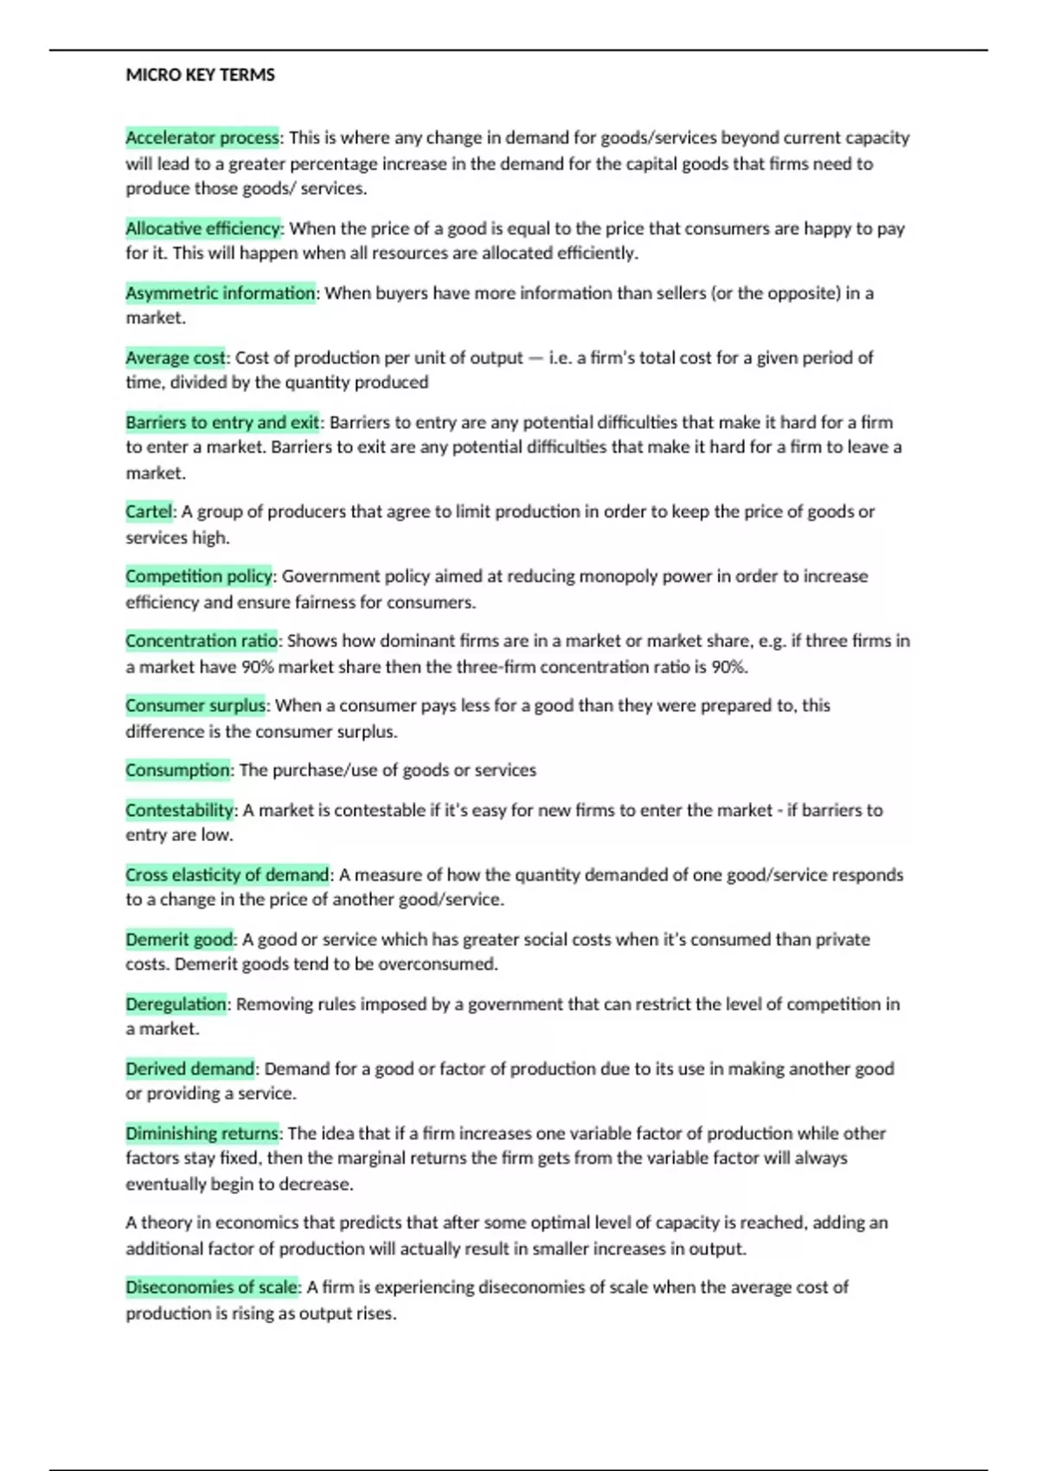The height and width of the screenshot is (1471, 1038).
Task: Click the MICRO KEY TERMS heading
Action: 200,75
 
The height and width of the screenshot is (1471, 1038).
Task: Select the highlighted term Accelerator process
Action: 202,138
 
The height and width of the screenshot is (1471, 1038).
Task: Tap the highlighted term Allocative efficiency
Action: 203,228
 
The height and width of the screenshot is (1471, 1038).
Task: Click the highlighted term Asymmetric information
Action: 220,293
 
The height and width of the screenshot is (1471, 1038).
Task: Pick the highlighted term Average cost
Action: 175,357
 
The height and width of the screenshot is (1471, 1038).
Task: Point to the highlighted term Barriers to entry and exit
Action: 222,422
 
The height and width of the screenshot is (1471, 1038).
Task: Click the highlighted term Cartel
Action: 149,511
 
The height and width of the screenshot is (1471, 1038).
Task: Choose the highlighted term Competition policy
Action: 199,576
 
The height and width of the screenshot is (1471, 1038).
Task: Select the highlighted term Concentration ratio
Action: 202,641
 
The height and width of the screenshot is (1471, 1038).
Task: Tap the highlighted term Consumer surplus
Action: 195,705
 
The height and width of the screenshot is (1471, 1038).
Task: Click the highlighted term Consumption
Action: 177,770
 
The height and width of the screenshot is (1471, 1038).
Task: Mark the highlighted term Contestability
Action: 179,810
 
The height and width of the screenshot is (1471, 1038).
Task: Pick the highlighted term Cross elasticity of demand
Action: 227,875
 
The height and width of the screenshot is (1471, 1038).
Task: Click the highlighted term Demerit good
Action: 179,940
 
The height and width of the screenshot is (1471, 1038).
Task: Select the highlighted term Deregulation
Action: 176,1004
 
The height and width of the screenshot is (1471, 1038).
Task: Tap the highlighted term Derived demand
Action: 189,1069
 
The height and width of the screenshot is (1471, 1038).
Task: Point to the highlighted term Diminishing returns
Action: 202,1134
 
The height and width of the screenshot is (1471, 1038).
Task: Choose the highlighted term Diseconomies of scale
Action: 212,1288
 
